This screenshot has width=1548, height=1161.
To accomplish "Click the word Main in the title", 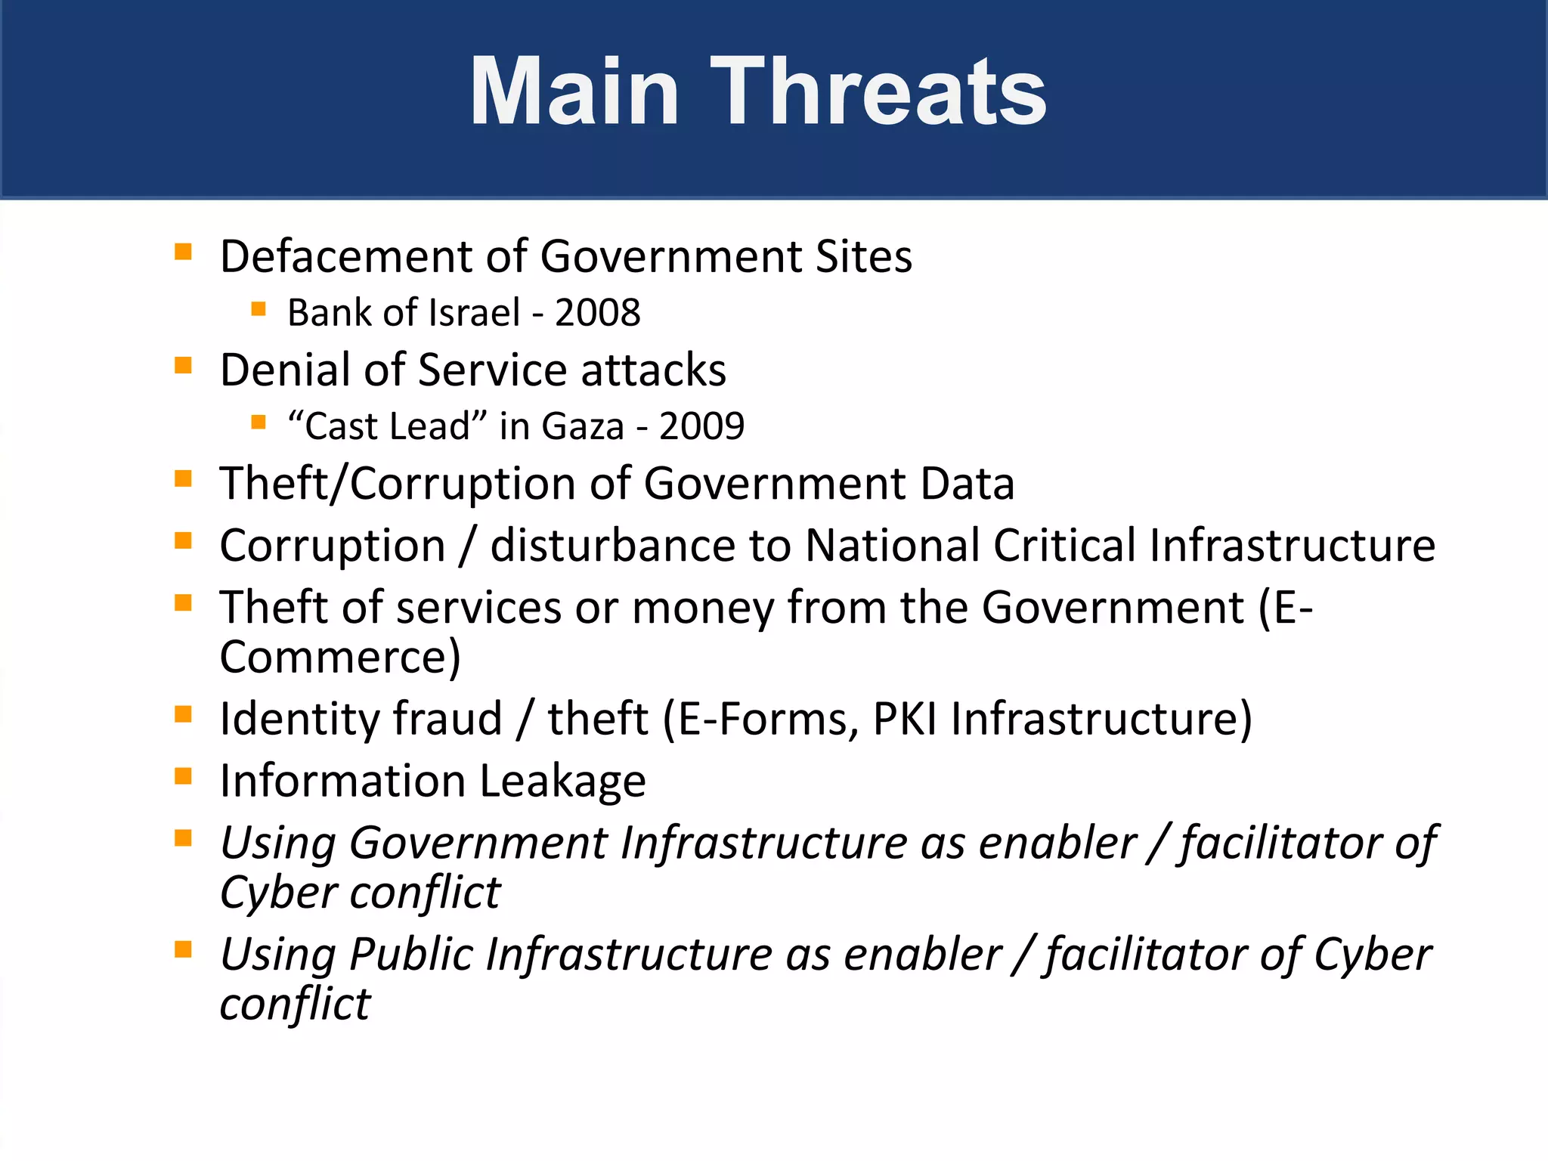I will click(574, 91).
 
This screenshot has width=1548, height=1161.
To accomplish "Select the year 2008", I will click(597, 313).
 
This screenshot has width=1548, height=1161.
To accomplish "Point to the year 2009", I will click(701, 426).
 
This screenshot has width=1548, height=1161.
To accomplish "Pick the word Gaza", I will click(583, 426).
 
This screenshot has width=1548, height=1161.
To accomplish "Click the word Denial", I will click(284, 370).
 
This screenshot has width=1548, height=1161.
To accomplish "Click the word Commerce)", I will click(340, 656).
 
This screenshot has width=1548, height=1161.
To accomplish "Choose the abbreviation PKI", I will click(905, 718).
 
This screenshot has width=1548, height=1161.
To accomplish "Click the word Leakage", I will click(562, 781).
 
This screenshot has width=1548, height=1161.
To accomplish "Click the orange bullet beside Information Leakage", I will click(183, 776).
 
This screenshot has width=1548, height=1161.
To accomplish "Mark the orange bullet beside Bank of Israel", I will click(259, 308).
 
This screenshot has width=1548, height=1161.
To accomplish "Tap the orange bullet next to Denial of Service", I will click(183, 366).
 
